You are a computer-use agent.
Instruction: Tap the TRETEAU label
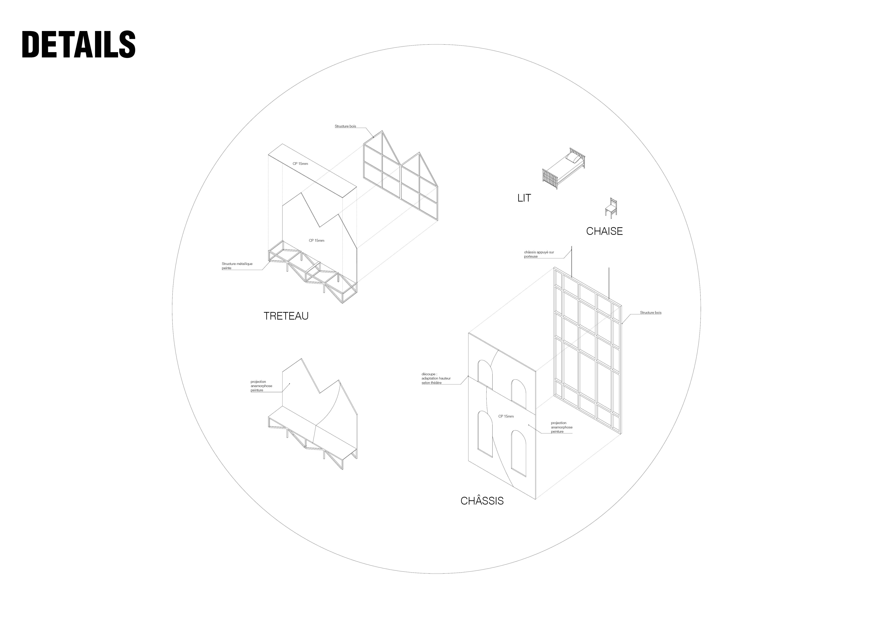click(x=286, y=316)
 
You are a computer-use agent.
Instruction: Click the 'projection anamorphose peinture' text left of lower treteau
click(x=261, y=386)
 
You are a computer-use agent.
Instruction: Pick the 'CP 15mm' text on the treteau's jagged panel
click(x=316, y=240)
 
